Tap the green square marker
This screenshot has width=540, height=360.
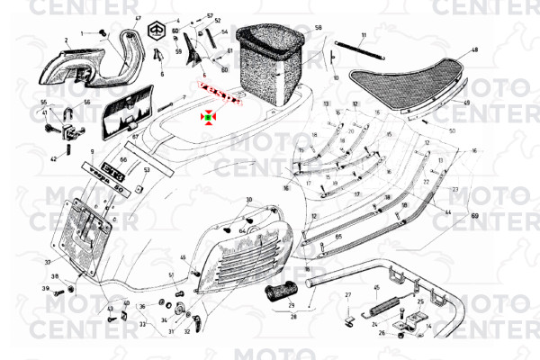[208, 116]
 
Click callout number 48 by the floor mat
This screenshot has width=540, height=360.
[474, 50]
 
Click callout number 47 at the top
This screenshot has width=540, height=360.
[138, 18]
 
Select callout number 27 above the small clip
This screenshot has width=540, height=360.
[347, 295]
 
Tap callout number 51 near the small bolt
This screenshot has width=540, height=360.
[170, 274]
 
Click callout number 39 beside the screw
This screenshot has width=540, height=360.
[45, 289]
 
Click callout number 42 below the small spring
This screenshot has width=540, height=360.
[53, 159]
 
